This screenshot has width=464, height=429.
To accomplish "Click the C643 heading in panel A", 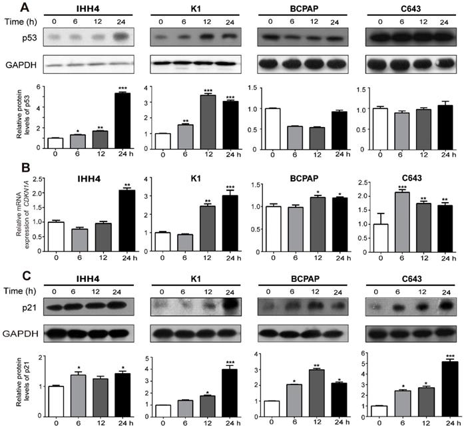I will coord(409,7).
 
